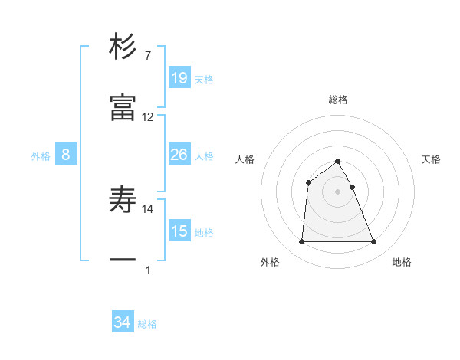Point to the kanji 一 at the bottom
point(123,260)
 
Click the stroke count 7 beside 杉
point(147,56)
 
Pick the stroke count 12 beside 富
point(148,117)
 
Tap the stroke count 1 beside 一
point(147,270)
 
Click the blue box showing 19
point(179,77)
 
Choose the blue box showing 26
point(179,155)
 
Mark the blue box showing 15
point(179,231)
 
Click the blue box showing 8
point(66,155)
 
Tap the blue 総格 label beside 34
point(147,324)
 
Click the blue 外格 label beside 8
point(41,156)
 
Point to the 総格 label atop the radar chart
point(338,100)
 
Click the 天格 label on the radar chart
point(431,159)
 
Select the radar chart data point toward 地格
point(373,242)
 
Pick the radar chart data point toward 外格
point(301,242)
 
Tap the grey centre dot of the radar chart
point(337,191)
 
